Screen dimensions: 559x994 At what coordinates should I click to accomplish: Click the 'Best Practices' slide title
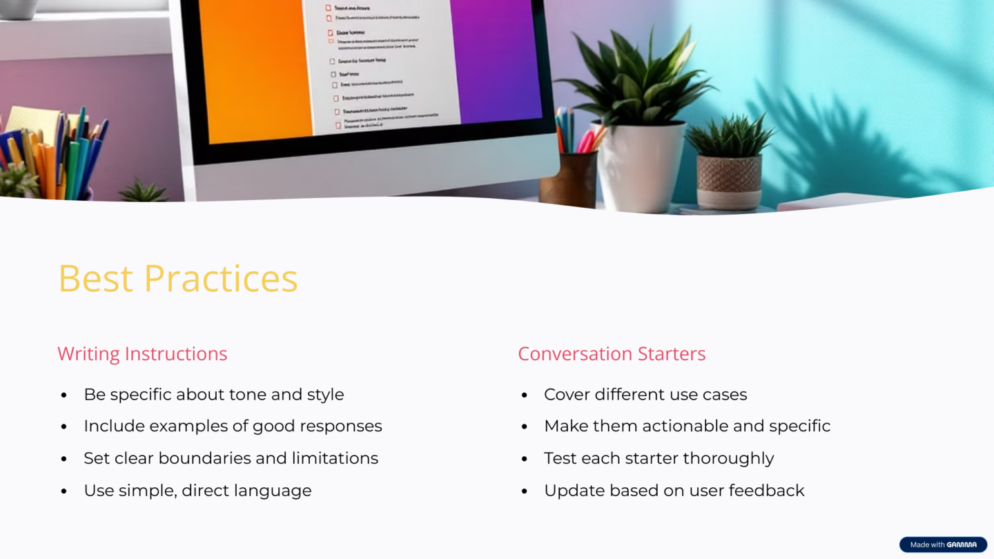click(x=177, y=278)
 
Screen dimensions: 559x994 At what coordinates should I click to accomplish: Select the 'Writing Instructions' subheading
click(x=142, y=353)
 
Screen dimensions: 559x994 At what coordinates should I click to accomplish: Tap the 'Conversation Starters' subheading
click(x=612, y=353)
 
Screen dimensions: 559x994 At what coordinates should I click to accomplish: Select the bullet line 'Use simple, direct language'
click(x=197, y=491)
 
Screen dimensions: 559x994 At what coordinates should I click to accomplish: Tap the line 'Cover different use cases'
click(x=645, y=395)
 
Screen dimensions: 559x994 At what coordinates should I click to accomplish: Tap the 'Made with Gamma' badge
click(x=943, y=545)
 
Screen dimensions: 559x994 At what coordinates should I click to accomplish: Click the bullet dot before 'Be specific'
click(x=64, y=395)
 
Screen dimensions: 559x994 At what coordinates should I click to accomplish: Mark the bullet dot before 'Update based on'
click(x=525, y=491)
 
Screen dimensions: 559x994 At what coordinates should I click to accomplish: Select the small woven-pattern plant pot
click(x=729, y=181)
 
